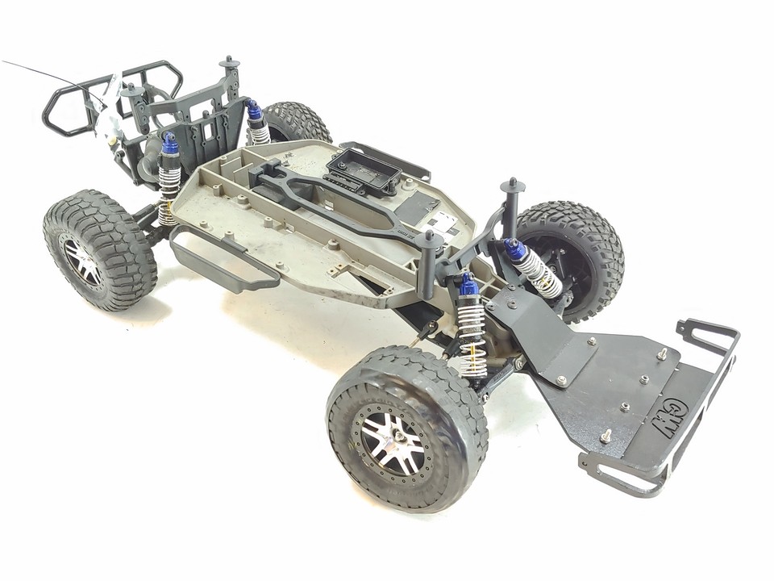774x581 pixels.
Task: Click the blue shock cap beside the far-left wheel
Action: coord(170,144)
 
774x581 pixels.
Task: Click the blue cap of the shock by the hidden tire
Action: coord(255,110)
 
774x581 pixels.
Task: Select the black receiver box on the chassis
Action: coord(364,170)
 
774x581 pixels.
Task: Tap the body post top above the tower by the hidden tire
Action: coord(230,61)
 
